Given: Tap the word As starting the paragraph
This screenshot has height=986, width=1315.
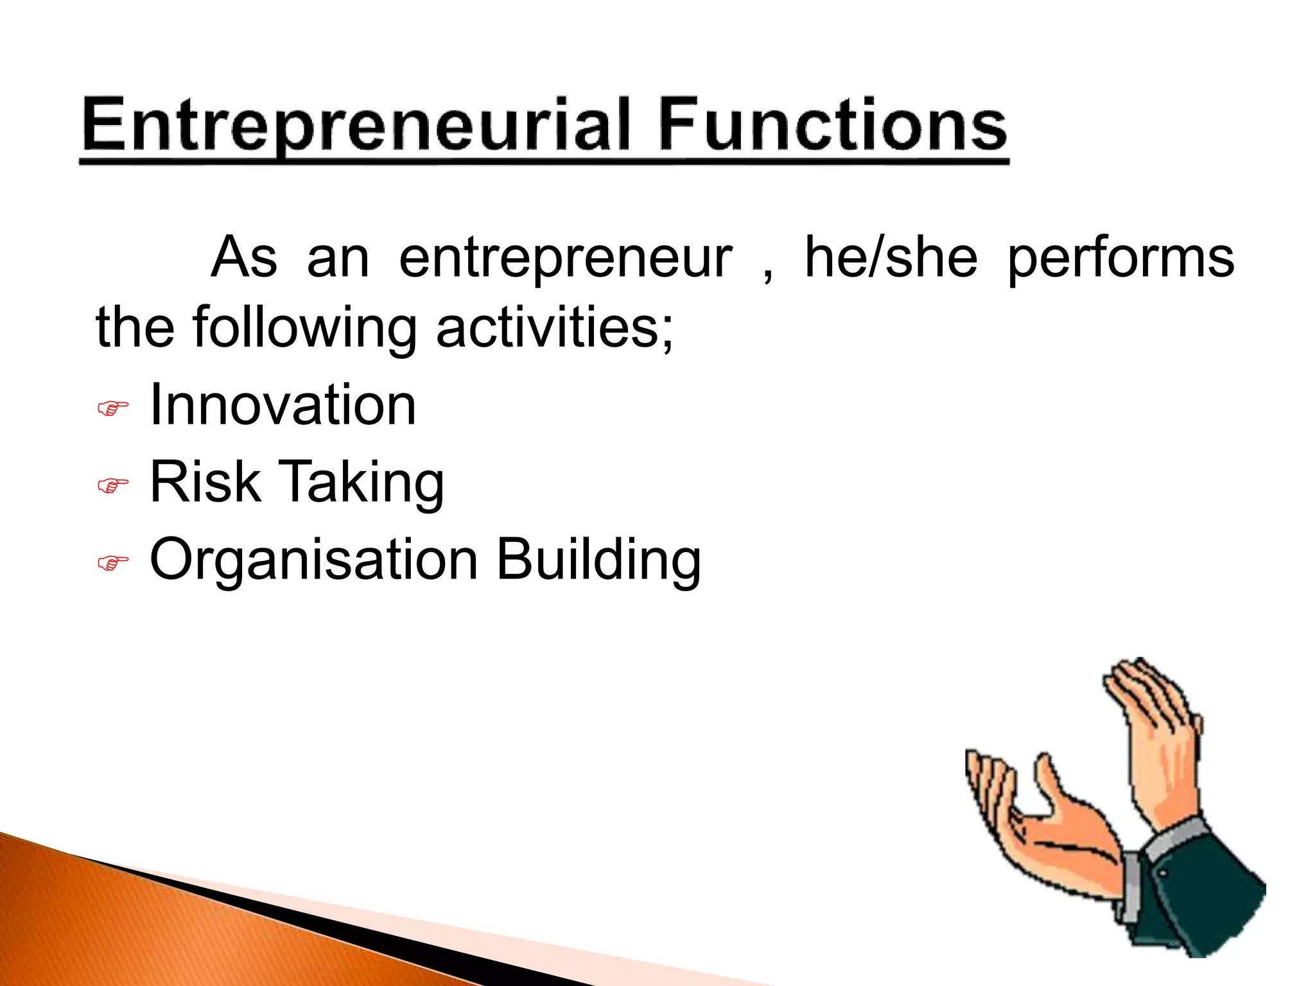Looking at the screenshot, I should [245, 257].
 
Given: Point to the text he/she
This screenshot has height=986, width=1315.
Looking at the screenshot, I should [891, 257].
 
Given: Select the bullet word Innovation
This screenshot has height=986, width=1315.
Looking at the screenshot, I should [283, 404].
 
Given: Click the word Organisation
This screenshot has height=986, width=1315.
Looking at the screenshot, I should [313, 560].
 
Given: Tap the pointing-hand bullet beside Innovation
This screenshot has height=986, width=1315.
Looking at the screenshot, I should [112, 408].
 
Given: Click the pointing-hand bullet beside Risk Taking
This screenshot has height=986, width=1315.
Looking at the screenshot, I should [112, 486].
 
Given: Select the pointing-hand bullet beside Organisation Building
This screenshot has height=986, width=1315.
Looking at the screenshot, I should [112, 564].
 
